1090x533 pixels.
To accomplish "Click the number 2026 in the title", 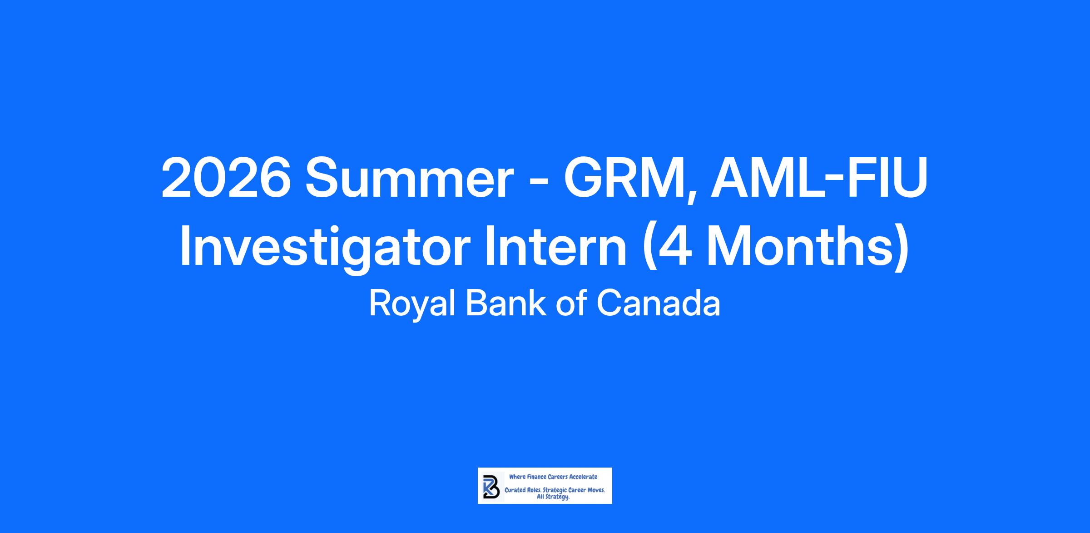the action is click(x=226, y=178).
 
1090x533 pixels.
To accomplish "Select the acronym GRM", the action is click(x=625, y=178).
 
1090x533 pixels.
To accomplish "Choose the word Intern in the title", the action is click(x=555, y=245).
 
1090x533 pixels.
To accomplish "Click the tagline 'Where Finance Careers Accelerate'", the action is click(x=553, y=477).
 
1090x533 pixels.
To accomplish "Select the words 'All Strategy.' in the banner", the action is click(x=553, y=498).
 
